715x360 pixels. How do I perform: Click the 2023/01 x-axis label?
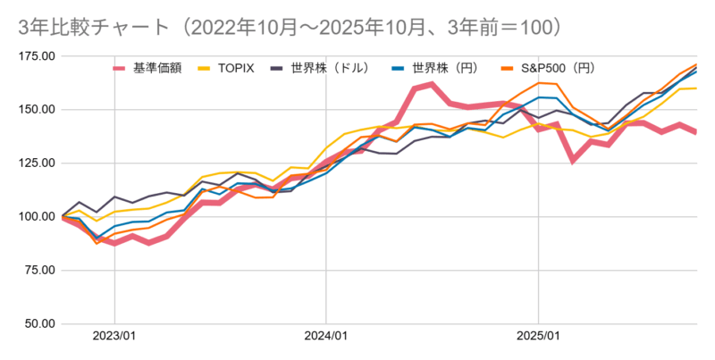pos(114,338)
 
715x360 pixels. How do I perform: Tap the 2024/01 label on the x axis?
pos(326,338)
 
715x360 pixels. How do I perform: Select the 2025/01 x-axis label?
pos(538,338)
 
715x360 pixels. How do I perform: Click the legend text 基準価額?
pos(158,67)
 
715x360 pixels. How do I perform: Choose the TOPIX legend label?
pos(237,67)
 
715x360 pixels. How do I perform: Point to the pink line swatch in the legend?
pos(122,67)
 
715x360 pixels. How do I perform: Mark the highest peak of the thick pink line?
pos(432,85)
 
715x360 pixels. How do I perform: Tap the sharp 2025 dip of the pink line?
pos(574,161)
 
